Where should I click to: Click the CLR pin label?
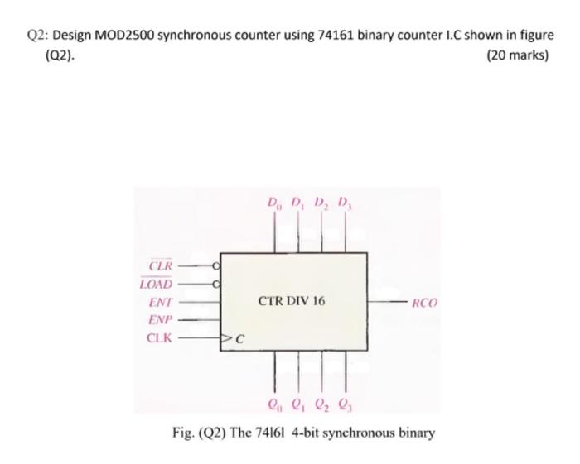coord(161,265)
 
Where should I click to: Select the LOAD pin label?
coord(157,284)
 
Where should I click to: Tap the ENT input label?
coord(160,302)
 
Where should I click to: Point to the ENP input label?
coord(160,320)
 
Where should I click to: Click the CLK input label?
coord(160,337)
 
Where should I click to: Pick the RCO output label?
coord(424,304)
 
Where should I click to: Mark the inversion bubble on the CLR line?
coord(216,265)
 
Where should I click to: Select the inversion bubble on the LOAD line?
coord(216,284)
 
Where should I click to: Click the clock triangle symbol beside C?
coord(225,337)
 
